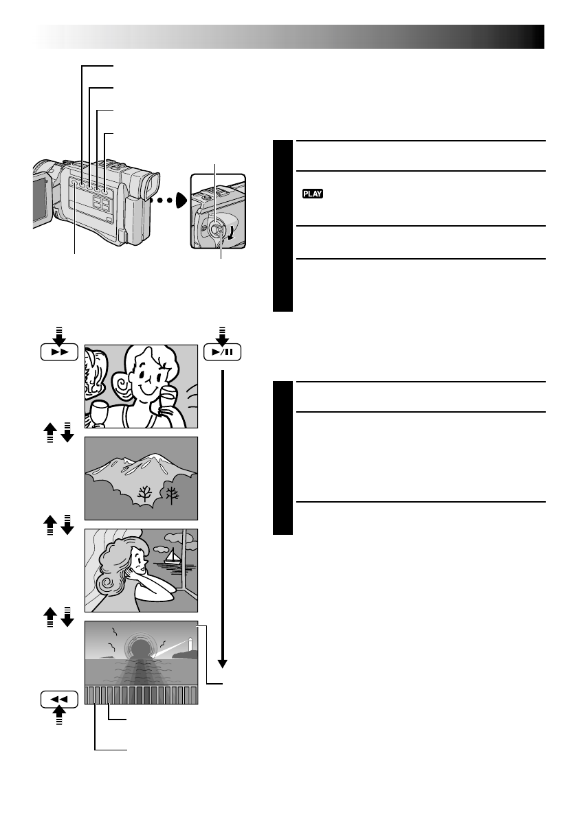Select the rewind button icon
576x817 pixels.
(x=59, y=699)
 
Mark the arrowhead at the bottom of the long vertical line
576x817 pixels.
(x=223, y=663)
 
